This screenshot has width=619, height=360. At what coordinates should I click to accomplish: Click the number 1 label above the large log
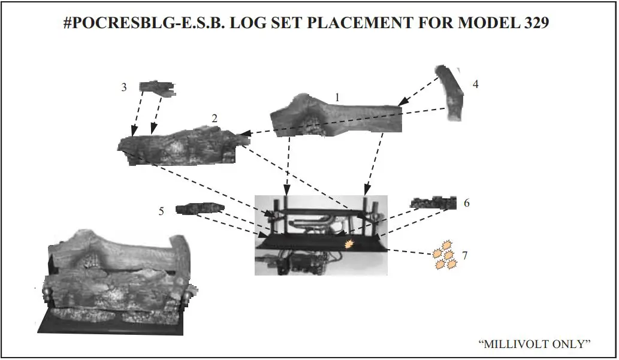coord(337,96)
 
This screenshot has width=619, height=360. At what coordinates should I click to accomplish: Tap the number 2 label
coord(215,119)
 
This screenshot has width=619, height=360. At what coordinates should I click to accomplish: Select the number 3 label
coord(124,87)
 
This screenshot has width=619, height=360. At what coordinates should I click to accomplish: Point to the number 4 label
coord(475,84)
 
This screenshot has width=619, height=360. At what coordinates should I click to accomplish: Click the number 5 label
coord(161,211)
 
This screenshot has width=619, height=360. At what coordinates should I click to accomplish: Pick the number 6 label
coord(466,203)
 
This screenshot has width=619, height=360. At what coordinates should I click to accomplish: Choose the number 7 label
coord(464,256)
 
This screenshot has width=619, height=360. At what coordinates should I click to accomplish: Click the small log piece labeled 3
coord(158,88)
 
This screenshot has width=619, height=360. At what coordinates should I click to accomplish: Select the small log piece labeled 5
coord(200,208)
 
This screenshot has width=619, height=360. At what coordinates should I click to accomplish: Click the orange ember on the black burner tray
coord(349,243)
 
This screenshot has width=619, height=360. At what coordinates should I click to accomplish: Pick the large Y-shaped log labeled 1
coord(336,117)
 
